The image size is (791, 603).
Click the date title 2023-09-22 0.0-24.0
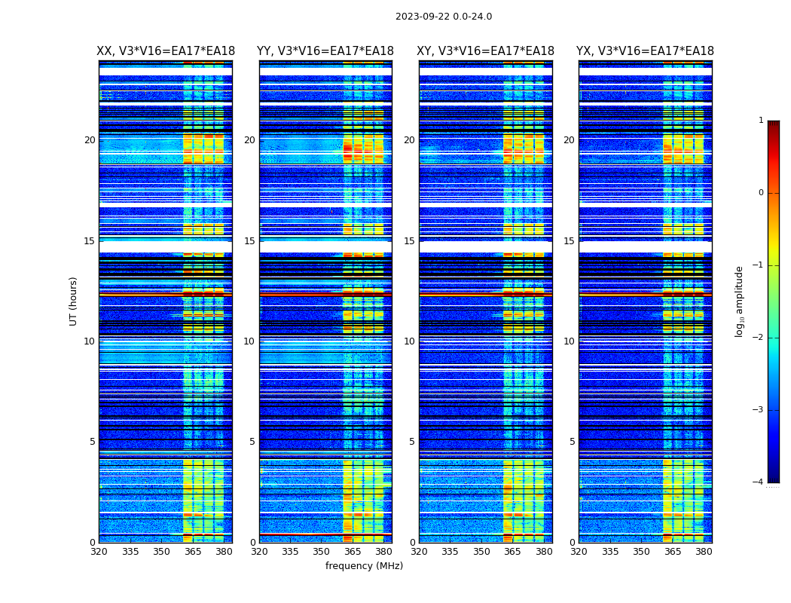444,17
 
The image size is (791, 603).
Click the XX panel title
166,51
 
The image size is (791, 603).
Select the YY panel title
325,51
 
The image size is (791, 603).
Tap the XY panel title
486,51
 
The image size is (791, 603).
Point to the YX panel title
646,51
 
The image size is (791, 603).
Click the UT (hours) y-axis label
74,301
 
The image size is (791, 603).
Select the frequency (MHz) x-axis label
364,566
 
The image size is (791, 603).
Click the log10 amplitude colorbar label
740,301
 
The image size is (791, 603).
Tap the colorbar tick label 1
761,121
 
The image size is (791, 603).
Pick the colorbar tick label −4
759,482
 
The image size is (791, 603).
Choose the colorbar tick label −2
759,338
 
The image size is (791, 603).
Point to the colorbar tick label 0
761,193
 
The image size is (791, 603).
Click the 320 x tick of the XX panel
99,552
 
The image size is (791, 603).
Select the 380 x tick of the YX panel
704,552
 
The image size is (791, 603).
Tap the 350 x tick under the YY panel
322,552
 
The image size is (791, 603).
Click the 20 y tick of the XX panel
90,140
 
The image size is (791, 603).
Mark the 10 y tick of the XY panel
409,341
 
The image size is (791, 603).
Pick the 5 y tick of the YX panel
573,442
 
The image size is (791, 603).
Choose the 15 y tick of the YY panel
249,241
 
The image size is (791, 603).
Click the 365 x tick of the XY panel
513,552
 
